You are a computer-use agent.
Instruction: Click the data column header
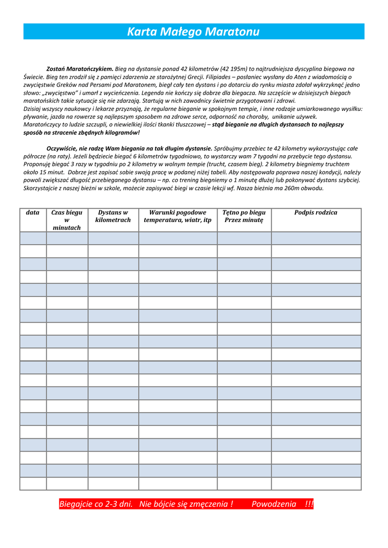[x=33, y=213]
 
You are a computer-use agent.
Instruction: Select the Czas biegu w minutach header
[x=67, y=220]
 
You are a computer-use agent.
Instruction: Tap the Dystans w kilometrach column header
[x=113, y=216]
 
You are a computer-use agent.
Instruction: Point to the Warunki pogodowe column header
[x=177, y=216]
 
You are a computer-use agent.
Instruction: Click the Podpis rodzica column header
[x=316, y=213]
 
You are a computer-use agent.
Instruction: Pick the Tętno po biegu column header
[x=244, y=216]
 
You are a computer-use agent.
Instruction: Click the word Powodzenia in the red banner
[x=273, y=504]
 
